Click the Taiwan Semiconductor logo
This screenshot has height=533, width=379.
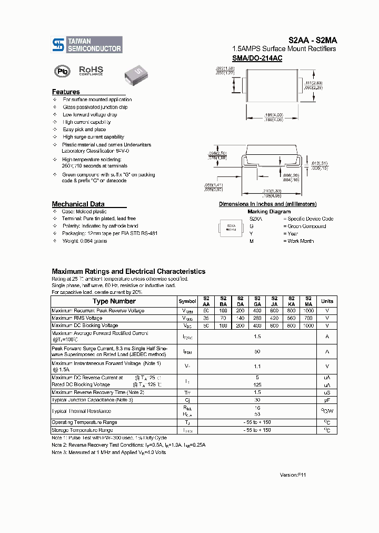(x=87, y=45)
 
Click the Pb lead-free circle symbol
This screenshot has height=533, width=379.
(x=62, y=72)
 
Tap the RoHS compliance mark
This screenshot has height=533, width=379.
(x=91, y=71)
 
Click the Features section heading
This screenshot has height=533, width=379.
(x=66, y=92)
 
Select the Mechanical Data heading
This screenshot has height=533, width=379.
(x=78, y=204)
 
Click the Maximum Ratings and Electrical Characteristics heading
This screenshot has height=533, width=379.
(x=128, y=271)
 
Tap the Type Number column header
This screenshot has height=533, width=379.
(x=114, y=301)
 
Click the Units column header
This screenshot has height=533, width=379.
(x=327, y=301)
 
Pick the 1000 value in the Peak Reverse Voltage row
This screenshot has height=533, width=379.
(x=308, y=311)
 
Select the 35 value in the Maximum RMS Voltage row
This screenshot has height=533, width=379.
(x=206, y=318)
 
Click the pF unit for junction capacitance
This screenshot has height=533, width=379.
(x=327, y=400)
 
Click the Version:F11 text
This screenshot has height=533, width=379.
(x=293, y=475)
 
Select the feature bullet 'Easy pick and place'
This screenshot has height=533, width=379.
(x=84, y=129)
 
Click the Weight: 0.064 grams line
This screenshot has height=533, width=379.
(x=84, y=241)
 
